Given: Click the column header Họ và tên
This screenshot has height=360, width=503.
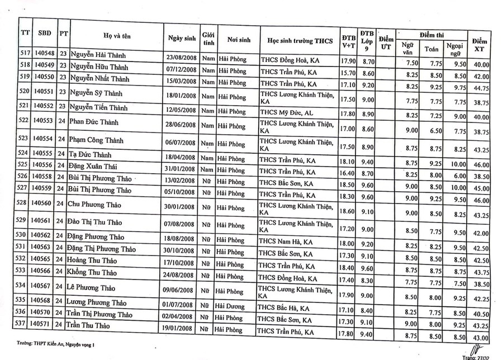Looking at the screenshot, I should (116, 36).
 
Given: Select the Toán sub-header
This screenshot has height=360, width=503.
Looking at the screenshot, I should (431, 49).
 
